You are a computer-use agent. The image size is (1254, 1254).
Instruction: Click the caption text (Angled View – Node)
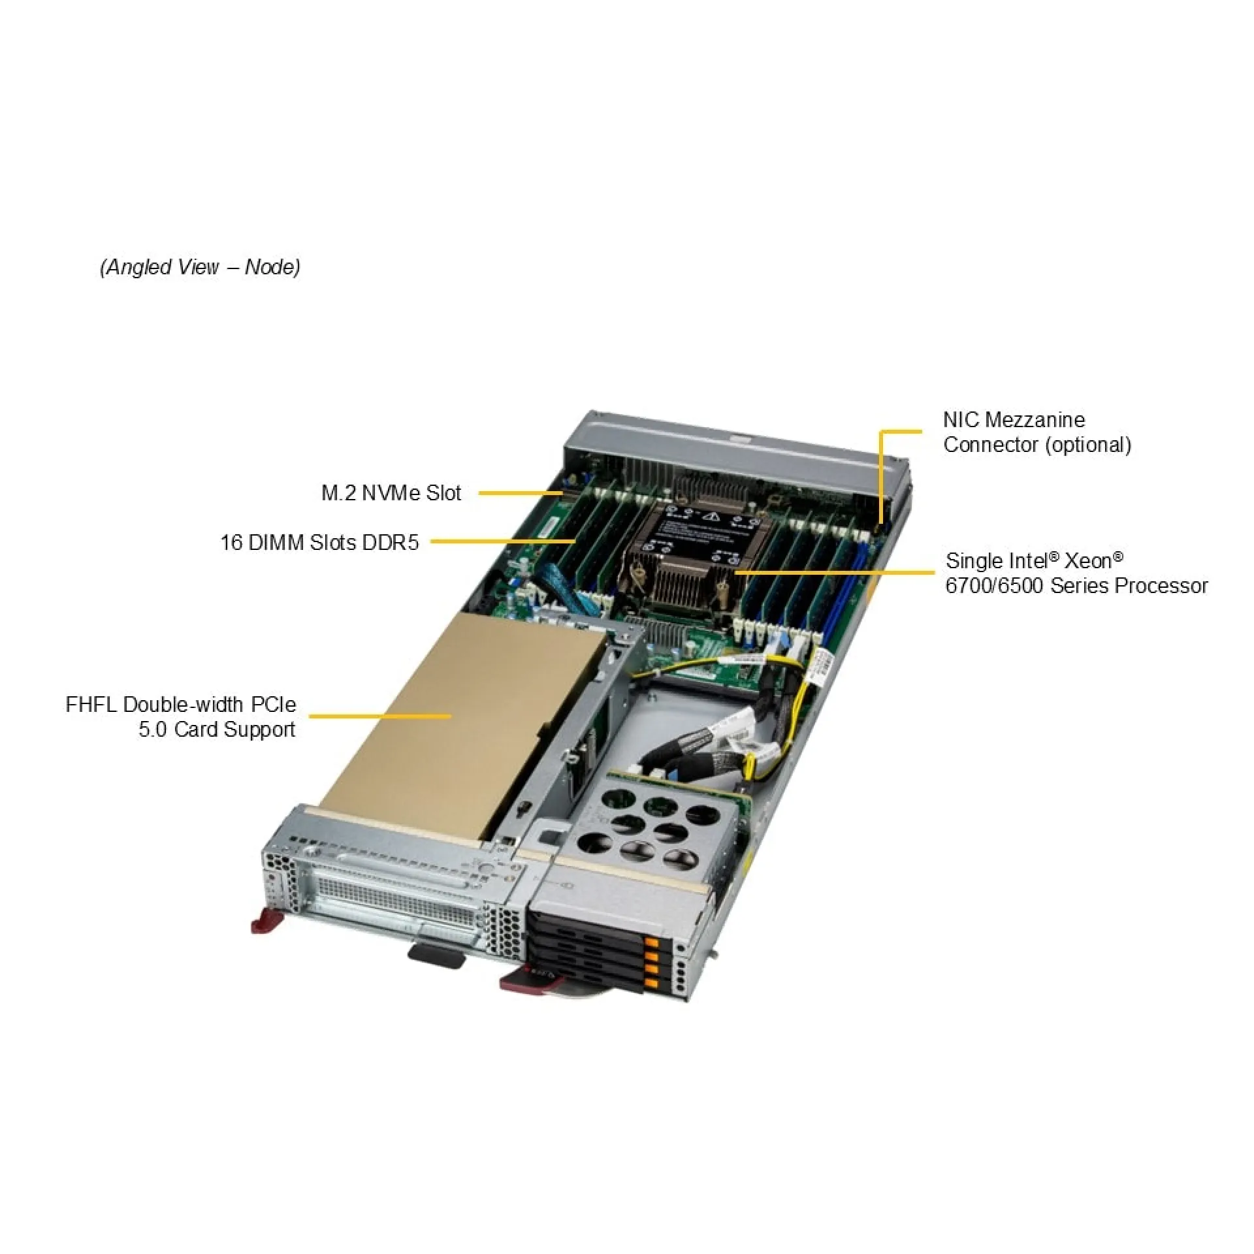pyautogui.click(x=200, y=267)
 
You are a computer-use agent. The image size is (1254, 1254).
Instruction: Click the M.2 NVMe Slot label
pyautogui.click(x=391, y=493)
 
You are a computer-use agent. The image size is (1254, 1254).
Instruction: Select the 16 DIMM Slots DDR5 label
pyautogui.click(x=319, y=543)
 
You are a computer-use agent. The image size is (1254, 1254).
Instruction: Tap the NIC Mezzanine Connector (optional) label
pyautogui.click(x=1037, y=432)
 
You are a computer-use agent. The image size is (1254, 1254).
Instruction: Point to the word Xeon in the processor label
pyautogui.click(x=1087, y=561)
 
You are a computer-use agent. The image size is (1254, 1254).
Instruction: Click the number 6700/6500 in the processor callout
pyautogui.click(x=994, y=586)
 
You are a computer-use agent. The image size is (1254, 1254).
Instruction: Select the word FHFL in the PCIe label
pyautogui.click(x=91, y=705)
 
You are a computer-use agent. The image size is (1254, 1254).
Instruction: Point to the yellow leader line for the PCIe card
pyautogui.click(x=379, y=716)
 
